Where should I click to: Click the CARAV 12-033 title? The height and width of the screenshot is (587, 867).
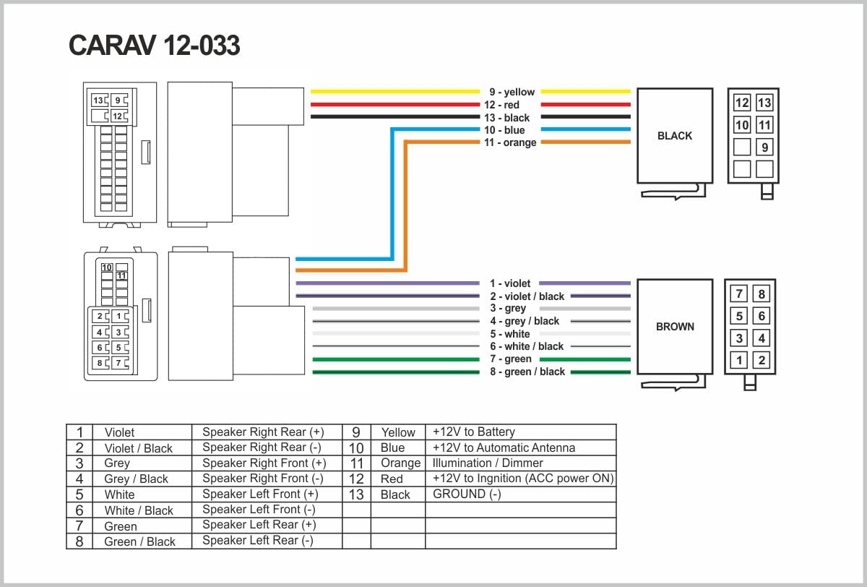(154, 46)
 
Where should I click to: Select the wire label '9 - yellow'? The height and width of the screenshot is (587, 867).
(512, 92)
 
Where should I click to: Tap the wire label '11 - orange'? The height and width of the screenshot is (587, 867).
(510, 142)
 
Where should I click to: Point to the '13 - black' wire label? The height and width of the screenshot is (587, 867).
(507, 118)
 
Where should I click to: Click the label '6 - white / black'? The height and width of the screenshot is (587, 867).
(527, 346)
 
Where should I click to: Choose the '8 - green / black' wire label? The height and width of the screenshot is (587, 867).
(527, 372)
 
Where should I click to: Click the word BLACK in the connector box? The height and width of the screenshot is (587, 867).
(675, 136)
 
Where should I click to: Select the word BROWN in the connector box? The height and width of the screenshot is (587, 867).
(675, 327)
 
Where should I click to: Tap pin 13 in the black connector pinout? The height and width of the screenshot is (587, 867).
(764, 103)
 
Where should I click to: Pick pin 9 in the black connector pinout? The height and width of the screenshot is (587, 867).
(764, 147)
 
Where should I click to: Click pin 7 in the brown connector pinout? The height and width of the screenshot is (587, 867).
(738, 294)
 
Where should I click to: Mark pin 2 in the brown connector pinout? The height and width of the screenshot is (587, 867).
(762, 360)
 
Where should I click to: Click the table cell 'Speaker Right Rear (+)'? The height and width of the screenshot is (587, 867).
(263, 432)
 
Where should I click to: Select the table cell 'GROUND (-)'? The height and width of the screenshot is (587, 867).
(467, 494)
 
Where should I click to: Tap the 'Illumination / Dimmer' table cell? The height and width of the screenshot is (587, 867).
(488, 463)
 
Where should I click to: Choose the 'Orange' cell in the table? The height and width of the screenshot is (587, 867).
(400, 463)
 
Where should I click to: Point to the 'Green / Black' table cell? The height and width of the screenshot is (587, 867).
(139, 541)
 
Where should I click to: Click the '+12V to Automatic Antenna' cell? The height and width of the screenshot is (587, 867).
(504, 447)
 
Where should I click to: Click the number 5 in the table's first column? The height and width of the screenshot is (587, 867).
(79, 494)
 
